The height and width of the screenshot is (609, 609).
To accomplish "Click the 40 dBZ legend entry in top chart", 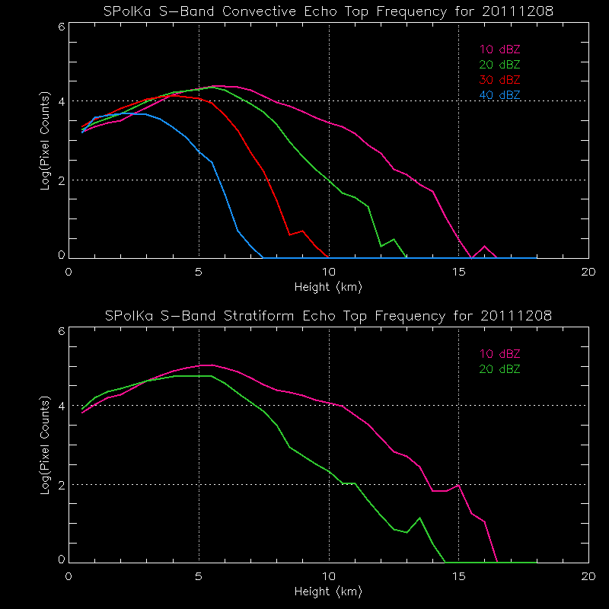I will [x=499, y=95].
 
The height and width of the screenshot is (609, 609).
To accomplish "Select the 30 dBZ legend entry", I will [x=499, y=80].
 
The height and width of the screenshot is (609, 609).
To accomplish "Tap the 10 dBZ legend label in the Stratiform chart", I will [x=499, y=354].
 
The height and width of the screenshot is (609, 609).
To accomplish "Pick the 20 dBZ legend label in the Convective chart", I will [x=499, y=65].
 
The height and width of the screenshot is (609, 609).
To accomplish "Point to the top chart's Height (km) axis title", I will [x=328, y=287].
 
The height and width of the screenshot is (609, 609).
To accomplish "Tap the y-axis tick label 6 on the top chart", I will [x=61, y=26].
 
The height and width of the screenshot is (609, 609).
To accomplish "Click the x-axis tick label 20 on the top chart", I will [x=588, y=273].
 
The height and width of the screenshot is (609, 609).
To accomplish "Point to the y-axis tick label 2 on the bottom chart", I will [x=61, y=485].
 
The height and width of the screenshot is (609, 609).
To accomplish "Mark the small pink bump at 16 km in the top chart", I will [x=484, y=246].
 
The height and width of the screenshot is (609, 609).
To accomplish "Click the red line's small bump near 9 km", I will [x=302, y=231].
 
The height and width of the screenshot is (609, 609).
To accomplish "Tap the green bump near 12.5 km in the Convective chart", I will [x=394, y=239].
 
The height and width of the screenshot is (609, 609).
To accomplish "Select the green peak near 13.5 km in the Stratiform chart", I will [x=419, y=518].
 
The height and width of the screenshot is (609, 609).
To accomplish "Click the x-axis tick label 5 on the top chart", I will [x=199, y=273].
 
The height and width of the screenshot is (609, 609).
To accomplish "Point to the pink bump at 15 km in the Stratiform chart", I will [x=458, y=485].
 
